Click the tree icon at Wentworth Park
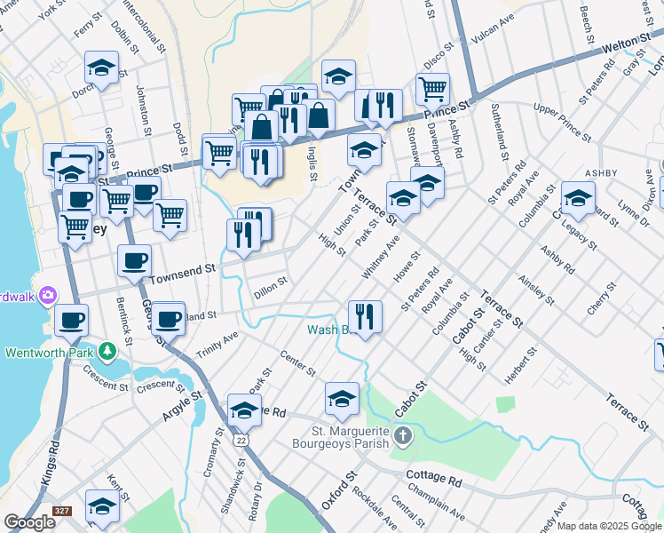click(x=107, y=352)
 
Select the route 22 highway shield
click(x=242, y=441)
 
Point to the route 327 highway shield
click(x=61, y=511)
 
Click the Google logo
click(x=29, y=522)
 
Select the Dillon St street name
click(x=270, y=285)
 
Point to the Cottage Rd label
click(x=434, y=480)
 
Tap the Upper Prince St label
click(x=562, y=121)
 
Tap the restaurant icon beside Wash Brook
click(x=365, y=315)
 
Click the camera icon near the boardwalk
click(x=49, y=295)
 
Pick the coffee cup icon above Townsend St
click(x=135, y=260)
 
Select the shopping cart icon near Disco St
click(x=432, y=88)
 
